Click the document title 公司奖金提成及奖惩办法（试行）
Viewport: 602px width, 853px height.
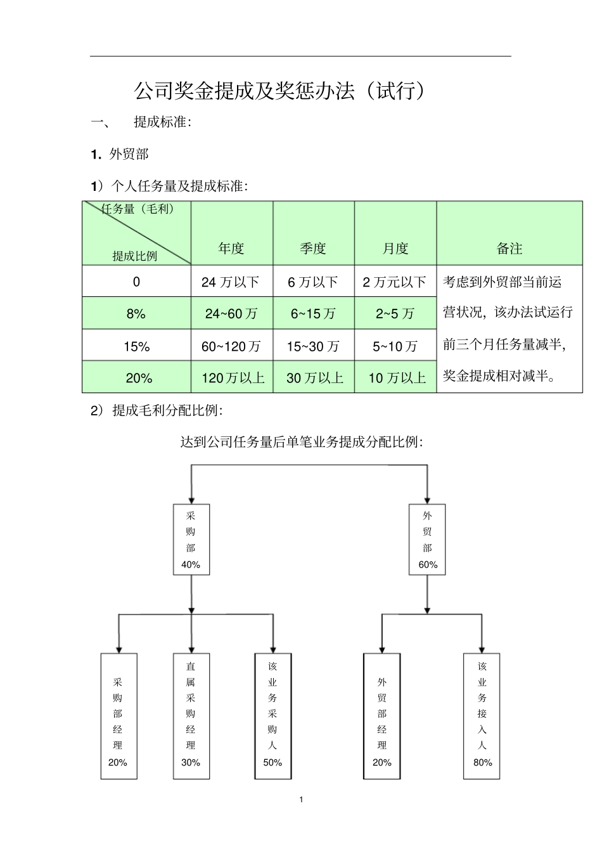[x=279, y=91]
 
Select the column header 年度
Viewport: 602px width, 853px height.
[x=231, y=249]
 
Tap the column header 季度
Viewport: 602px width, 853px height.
[x=313, y=249]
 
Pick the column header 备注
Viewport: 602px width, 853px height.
[x=509, y=249]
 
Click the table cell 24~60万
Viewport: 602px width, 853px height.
[x=231, y=313]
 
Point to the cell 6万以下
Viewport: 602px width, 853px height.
[x=313, y=282]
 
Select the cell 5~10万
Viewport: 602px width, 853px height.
[x=395, y=346]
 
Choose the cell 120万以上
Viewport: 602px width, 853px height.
[x=233, y=378]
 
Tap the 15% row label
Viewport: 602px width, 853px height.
[x=136, y=346]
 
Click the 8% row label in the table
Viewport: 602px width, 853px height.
[x=136, y=313]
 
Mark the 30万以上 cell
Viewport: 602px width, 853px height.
[x=314, y=378]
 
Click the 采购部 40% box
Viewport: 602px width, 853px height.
[x=191, y=540]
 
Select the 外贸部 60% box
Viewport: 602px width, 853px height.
[x=427, y=540]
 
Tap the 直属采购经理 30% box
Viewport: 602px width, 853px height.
[x=191, y=715]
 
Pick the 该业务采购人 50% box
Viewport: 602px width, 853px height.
[x=272, y=715]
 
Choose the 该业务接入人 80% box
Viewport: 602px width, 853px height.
[x=482, y=715]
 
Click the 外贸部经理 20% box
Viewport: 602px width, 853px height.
[x=381, y=715]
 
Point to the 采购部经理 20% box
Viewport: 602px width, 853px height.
[x=118, y=715]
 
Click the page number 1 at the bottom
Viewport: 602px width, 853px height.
[x=301, y=799]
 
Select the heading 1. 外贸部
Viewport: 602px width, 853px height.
[x=120, y=153]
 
